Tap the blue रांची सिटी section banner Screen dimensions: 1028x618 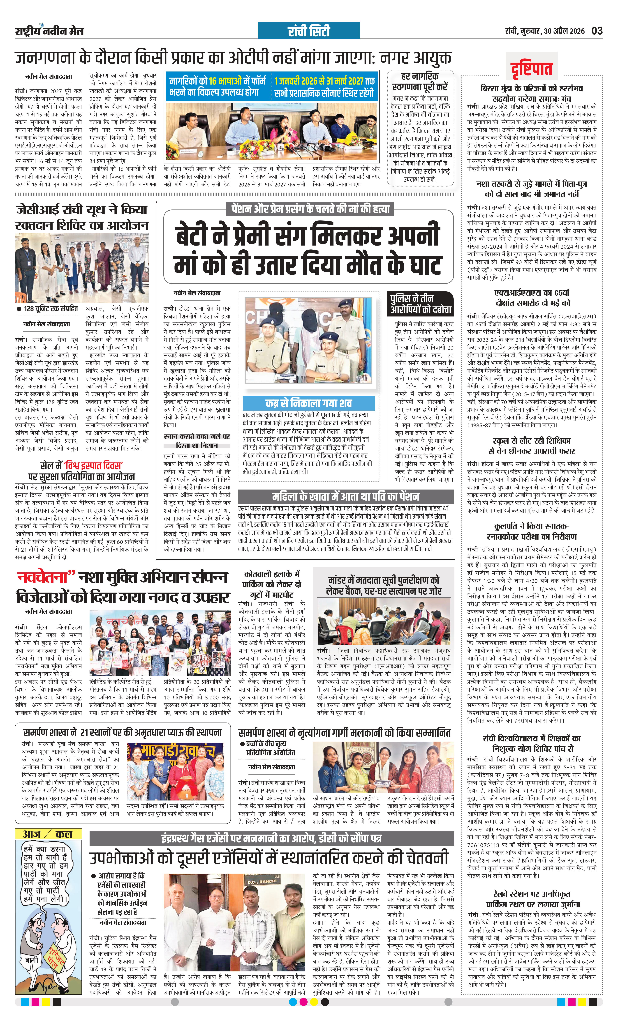point(309,31)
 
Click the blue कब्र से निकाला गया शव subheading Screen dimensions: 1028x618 point(309,403)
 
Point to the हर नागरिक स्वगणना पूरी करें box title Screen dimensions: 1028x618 point(420,82)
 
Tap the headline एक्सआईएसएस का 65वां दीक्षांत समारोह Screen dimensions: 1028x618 point(533,298)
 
